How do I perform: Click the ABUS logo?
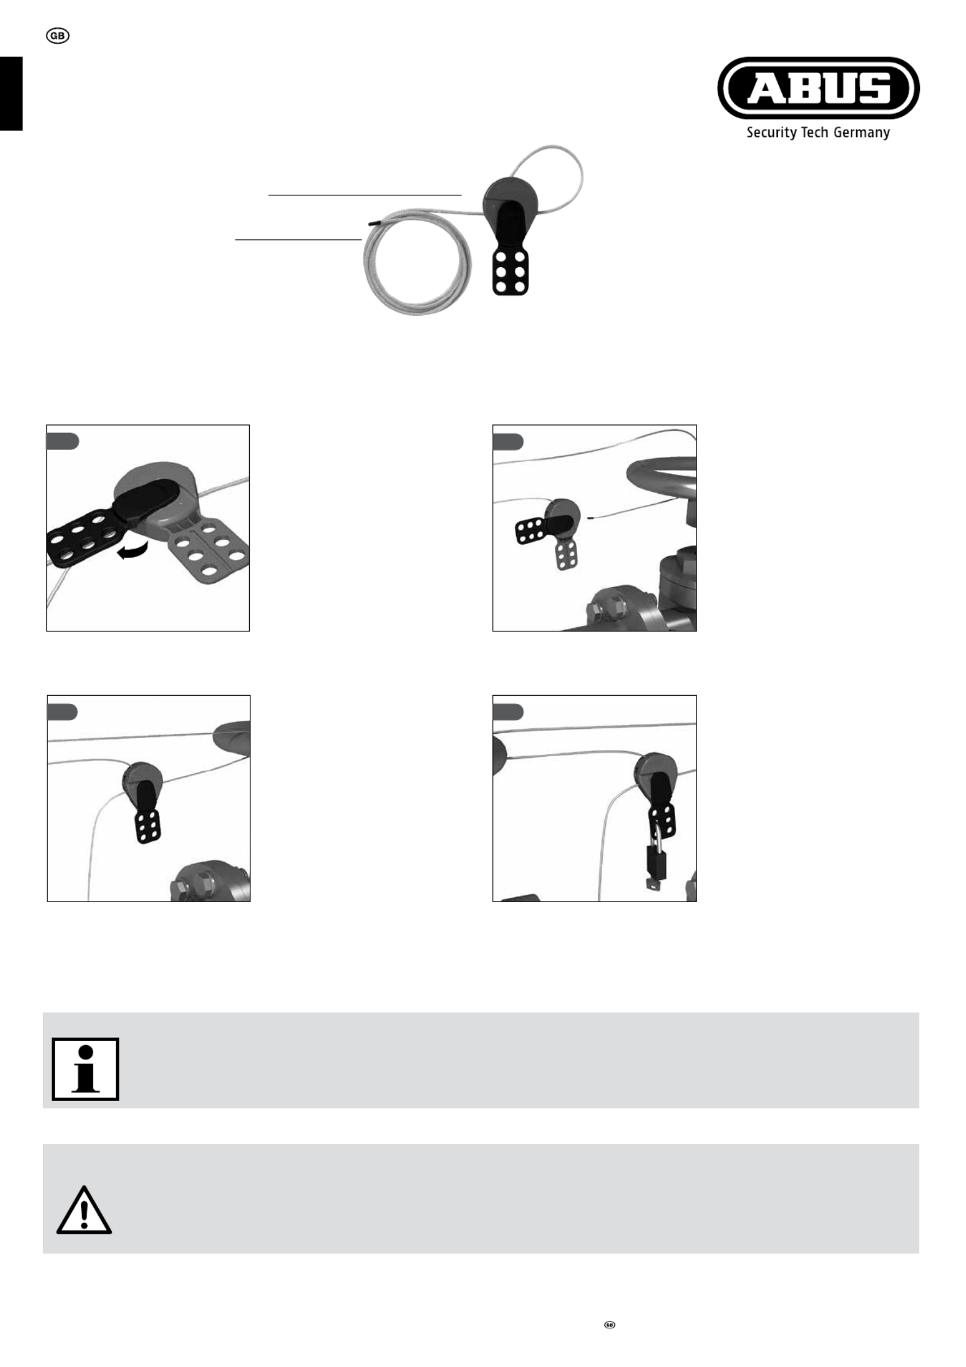click(818, 88)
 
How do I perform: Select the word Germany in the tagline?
click(861, 133)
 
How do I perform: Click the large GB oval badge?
click(58, 36)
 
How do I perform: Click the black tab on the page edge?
click(11, 93)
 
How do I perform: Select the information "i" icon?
click(85, 1069)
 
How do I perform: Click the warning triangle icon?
click(84, 1210)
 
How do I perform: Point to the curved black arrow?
click(134, 550)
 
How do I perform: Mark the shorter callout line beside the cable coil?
click(298, 240)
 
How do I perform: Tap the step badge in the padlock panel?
click(508, 712)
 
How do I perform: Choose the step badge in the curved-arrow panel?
click(63, 441)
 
